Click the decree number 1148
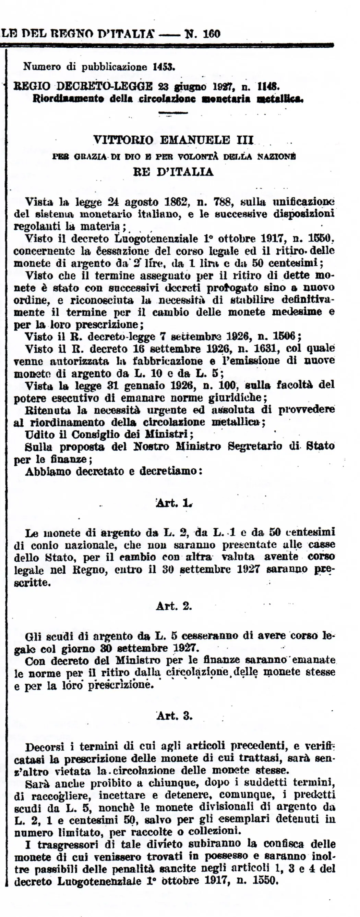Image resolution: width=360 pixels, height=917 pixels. tap(269, 86)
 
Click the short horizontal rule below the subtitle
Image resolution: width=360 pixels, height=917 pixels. tap(173, 113)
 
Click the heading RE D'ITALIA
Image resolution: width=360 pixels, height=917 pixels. tap(173, 172)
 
